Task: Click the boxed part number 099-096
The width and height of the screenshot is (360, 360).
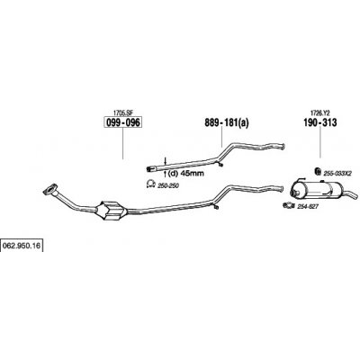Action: pyautogui.click(x=122, y=122)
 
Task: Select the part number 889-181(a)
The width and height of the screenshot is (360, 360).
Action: pyautogui.click(x=227, y=122)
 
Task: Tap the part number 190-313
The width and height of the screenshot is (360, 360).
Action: pyautogui.click(x=320, y=122)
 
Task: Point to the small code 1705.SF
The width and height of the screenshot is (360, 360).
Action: pyautogui.click(x=122, y=112)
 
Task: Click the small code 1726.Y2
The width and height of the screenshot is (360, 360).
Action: pyautogui.click(x=319, y=112)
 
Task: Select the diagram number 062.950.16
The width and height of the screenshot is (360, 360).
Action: pyautogui.click(x=22, y=246)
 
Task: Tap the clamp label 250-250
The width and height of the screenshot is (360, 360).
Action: pyautogui.click(x=168, y=186)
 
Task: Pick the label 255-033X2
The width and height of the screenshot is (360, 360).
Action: pyautogui.click(x=337, y=174)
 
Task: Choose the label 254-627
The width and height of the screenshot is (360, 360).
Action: pyautogui.click(x=307, y=206)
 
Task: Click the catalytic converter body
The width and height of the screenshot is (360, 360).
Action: pyautogui.click(x=112, y=211)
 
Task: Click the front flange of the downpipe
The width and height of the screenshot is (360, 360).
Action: pyautogui.click(x=50, y=190)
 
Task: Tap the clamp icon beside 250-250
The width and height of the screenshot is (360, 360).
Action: pyautogui.click(x=150, y=184)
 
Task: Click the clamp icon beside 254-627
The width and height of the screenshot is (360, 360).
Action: pyautogui.click(x=289, y=205)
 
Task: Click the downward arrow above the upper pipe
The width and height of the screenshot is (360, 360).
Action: pyautogui.click(x=165, y=160)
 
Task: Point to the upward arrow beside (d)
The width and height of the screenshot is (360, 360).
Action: pyautogui.click(x=165, y=173)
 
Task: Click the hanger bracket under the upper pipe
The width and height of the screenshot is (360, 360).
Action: pyautogui.click(x=220, y=164)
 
